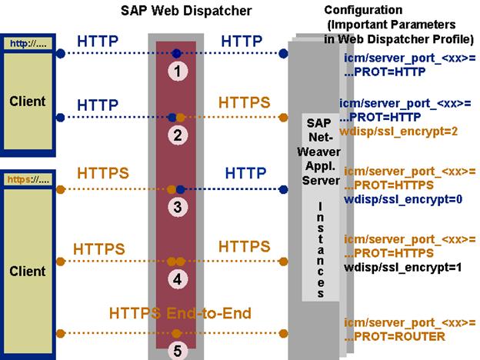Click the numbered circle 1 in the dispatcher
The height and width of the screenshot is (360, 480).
[178, 70]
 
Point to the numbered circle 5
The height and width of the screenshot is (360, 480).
[178, 350]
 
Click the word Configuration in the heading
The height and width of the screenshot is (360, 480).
[363, 10]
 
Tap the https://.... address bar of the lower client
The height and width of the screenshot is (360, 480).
[28, 180]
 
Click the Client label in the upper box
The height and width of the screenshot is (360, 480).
[28, 101]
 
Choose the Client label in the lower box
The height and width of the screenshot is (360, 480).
[28, 272]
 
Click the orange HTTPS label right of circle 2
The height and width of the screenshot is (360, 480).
[245, 102]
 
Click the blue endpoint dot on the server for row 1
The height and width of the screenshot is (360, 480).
[284, 53]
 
